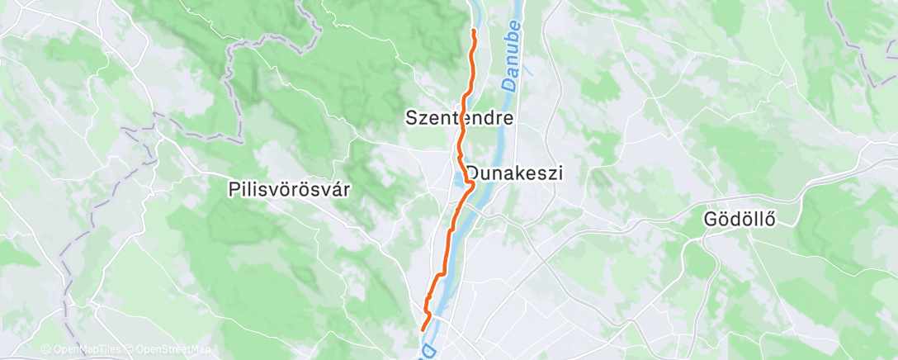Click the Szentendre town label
point(460,118)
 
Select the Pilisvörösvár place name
point(289,189)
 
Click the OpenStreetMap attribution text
point(168,350)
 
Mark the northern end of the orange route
point(474,31)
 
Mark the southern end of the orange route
point(423,329)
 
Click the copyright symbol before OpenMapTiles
point(45,350)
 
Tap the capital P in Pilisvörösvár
point(233,189)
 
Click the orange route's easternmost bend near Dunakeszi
point(473,188)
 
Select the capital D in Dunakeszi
point(474,173)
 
